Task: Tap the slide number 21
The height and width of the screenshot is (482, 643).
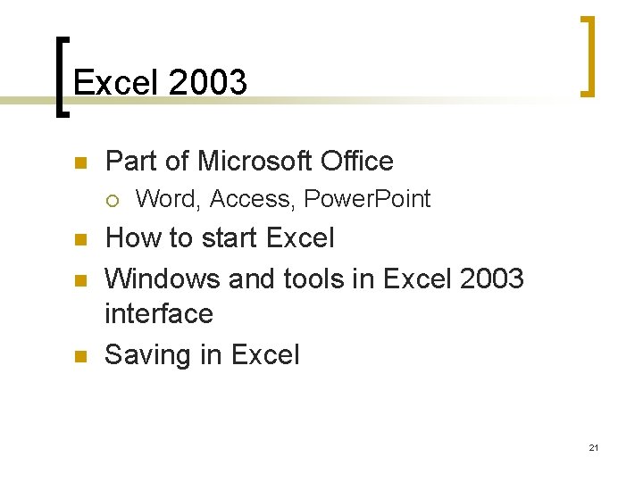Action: coord(593,447)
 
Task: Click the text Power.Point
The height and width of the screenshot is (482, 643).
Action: coord(367,199)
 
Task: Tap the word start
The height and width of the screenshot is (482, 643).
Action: coord(220,238)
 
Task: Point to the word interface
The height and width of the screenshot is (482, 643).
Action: coord(159,313)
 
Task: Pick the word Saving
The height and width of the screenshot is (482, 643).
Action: coord(147,355)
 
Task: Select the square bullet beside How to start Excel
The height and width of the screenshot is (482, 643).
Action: coord(78,240)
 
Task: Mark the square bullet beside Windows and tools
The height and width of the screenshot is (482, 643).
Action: coord(78,280)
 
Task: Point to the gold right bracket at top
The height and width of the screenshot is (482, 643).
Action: coord(588,55)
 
